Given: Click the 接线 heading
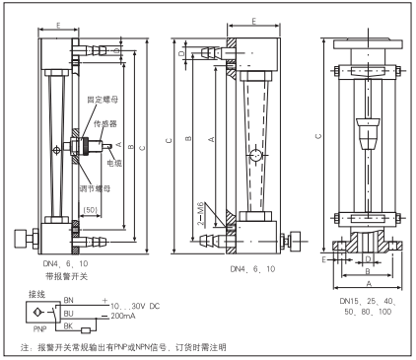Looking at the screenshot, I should pyautogui.click(x=38, y=294).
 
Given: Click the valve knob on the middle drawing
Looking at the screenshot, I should pyautogui.click(x=292, y=238).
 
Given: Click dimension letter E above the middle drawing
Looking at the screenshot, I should pyautogui.click(x=254, y=19).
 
